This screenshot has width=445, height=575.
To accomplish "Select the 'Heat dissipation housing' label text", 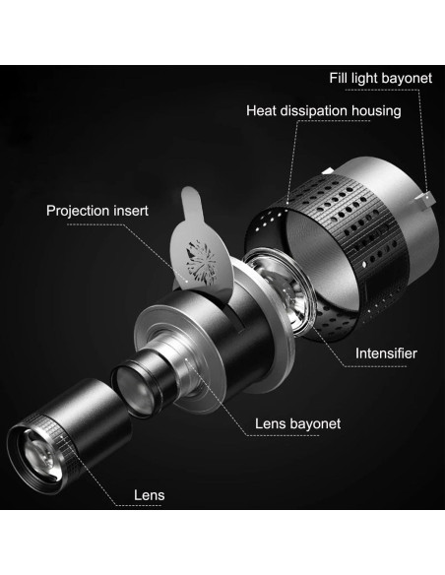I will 325,110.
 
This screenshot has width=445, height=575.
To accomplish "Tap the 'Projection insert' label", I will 100,210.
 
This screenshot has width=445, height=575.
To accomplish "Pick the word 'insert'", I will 138,210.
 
